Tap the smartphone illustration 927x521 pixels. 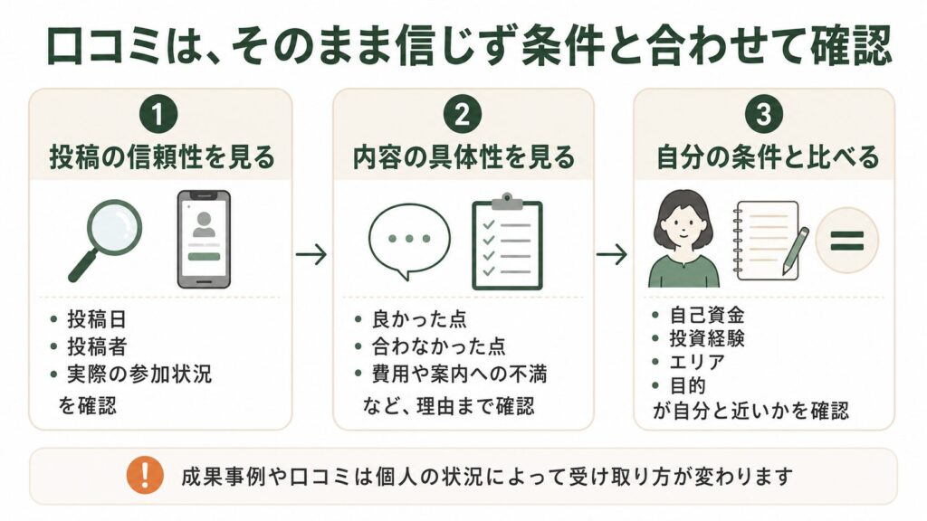click(x=204, y=239)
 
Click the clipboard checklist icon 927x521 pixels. click(x=507, y=242)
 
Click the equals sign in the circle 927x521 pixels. click(x=846, y=241)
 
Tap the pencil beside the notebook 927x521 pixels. click(x=796, y=251)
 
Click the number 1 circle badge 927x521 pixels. click(x=158, y=115)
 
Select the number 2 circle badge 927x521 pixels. click(x=463, y=115)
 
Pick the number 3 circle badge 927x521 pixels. click(x=764, y=115)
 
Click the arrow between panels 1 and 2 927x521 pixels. click(x=311, y=254)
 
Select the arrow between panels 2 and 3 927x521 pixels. click(x=612, y=254)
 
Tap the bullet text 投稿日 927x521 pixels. click(x=97, y=319)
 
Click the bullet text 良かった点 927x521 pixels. click(x=419, y=319)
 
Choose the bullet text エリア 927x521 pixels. click(x=697, y=362)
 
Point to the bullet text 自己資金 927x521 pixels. click(x=707, y=315)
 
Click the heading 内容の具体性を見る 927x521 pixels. click(x=463, y=157)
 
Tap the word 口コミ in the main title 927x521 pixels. click(x=103, y=47)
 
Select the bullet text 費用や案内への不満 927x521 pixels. click(x=459, y=374)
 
